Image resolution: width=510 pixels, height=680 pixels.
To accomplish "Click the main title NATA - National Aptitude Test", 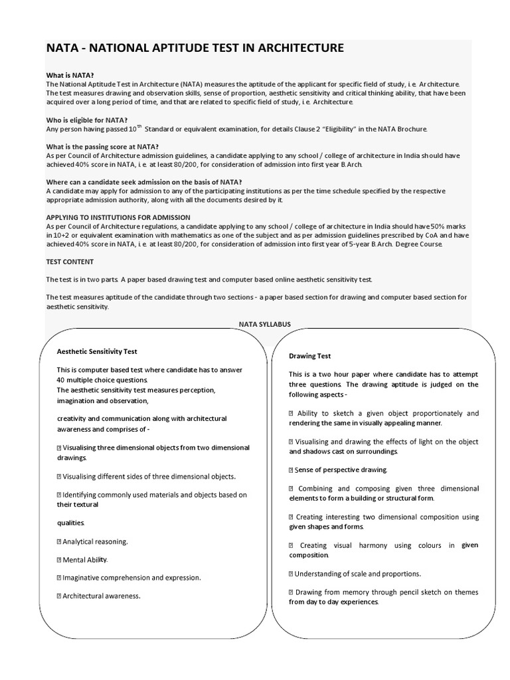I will [195, 48].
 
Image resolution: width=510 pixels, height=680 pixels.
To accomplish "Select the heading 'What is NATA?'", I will [69, 75].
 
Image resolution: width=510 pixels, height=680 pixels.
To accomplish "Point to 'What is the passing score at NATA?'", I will [102, 146].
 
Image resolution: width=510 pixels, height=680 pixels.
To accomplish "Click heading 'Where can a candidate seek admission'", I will [143, 182].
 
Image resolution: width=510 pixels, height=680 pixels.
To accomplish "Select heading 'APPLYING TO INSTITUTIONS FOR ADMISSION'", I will [118, 217].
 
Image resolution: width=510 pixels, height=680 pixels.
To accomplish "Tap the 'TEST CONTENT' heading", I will [70, 262].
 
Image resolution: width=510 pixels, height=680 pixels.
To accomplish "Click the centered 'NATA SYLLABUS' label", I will [264, 324].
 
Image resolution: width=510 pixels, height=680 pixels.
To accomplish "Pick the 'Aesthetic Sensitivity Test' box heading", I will [97, 351].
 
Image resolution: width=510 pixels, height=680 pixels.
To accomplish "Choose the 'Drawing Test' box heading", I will [309, 356].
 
